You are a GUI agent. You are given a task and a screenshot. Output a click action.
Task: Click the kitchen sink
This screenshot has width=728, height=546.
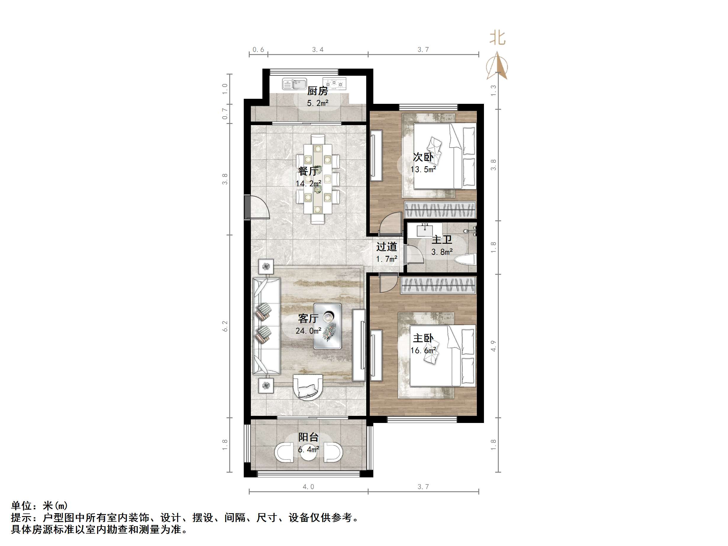[x=294, y=84]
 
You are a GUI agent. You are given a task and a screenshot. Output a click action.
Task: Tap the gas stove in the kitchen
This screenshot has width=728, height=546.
[x=334, y=84]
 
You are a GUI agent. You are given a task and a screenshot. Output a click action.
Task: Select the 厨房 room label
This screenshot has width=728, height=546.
[x=317, y=91]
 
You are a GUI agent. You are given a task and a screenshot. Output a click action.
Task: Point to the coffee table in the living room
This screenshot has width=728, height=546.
[x=327, y=326]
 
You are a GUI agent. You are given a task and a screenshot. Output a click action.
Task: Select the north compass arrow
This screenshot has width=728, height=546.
[x=497, y=66]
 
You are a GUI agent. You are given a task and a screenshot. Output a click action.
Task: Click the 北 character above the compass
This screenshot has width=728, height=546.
[x=497, y=38]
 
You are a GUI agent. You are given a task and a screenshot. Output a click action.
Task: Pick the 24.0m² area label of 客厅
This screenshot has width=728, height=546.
[x=308, y=331]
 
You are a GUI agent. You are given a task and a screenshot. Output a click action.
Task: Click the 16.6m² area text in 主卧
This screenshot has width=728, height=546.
[x=423, y=350]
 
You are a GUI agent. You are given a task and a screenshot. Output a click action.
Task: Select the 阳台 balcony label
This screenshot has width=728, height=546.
[x=308, y=437]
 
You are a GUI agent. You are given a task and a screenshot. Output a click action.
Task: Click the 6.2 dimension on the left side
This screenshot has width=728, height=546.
[x=225, y=326]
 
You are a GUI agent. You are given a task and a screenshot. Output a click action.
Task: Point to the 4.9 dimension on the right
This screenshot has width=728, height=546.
[x=493, y=345]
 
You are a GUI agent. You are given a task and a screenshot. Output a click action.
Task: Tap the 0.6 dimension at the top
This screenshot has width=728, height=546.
[x=258, y=50]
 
